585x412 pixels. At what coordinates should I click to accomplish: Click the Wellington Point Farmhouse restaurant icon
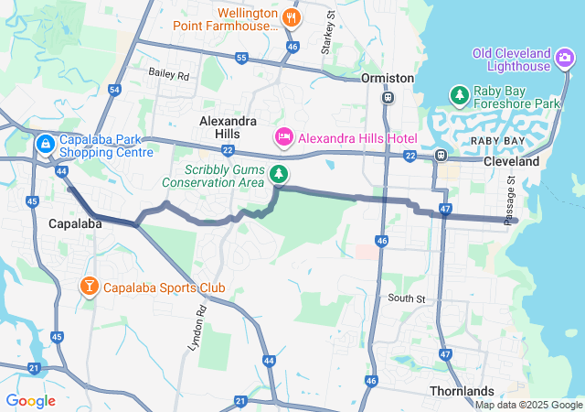[x=292, y=16]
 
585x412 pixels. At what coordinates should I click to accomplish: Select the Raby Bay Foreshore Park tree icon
[x=459, y=94]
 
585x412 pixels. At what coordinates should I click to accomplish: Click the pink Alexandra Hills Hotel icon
[x=283, y=137]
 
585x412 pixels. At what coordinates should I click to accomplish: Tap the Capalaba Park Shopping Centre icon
[x=45, y=145]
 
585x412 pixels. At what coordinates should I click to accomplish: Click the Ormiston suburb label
[x=388, y=78]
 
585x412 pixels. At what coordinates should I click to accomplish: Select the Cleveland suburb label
[x=512, y=160]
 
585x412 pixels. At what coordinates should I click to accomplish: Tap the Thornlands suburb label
[x=462, y=391]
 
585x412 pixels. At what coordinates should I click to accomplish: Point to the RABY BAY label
[x=498, y=140]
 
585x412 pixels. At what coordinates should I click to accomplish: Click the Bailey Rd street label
[x=169, y=74]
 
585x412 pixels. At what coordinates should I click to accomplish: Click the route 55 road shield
[x=241, y=58]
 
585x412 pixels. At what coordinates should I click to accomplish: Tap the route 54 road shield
[x=114, y=90]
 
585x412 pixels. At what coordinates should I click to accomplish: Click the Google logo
[x=30, y=400]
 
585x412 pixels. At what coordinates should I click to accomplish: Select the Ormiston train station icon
[x=388, y=96]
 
